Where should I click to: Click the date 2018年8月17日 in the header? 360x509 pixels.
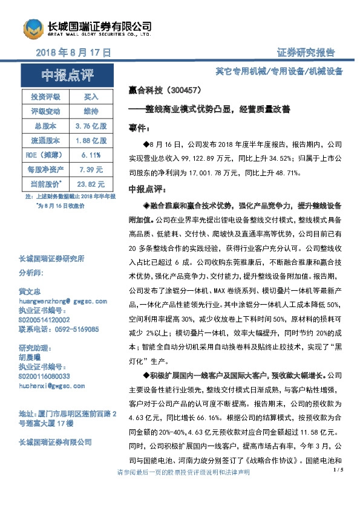click(73, 53)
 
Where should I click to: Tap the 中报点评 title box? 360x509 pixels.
click(68, 76)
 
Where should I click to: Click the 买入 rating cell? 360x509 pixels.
click(91, 97)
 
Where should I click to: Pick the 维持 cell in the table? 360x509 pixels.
click(91, 111)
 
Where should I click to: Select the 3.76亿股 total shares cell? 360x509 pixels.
click(91, 126)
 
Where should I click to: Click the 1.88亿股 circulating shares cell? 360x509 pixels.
click(91, 140)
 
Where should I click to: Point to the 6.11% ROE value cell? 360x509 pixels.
click(91, 155)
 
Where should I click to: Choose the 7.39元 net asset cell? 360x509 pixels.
click(91, 169)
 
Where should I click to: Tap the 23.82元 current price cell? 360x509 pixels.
click(91, 184)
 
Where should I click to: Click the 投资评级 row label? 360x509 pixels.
click(45, 97)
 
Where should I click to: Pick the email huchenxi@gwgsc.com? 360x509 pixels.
click(47, 384)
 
